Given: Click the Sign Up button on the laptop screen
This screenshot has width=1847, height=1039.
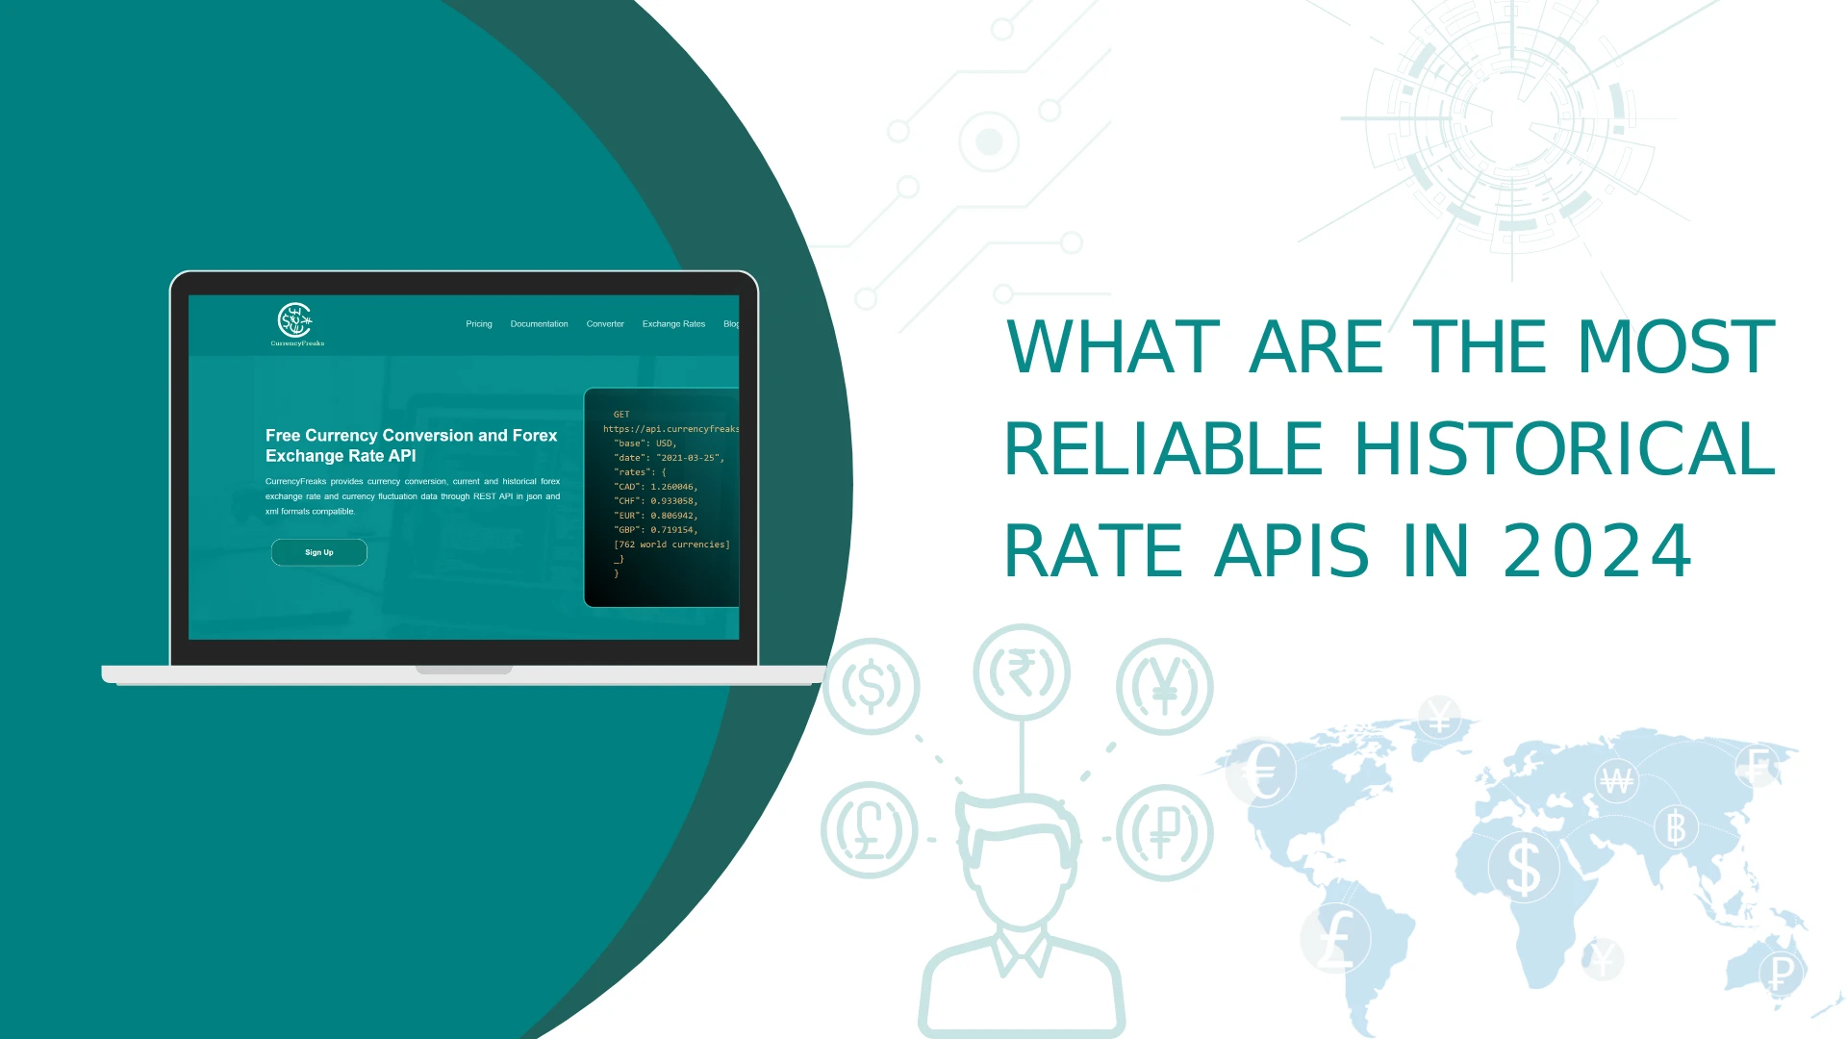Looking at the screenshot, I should [319, 552].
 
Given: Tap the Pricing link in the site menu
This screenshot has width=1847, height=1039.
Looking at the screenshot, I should [478, 324].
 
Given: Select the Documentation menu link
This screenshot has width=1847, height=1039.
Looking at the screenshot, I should [539, 324].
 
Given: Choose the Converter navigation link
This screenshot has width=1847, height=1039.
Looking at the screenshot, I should [605, 324].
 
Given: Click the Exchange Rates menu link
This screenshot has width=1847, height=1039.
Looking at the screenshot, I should [673, 324].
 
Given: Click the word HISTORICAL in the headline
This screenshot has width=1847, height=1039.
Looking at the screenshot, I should [1564, 449].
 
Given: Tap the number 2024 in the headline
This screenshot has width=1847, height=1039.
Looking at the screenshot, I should [1597, 551].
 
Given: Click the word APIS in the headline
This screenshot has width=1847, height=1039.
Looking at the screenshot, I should [1292, 551].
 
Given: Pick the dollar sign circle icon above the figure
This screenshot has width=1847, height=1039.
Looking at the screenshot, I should [872, 687].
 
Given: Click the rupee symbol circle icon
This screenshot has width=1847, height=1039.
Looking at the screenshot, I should [1022, 672].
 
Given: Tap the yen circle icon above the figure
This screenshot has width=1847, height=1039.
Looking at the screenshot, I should [1165, 687].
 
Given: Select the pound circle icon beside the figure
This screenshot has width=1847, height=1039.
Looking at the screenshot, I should [870, 830].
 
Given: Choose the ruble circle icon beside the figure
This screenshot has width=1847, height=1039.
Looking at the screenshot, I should [1165, 833].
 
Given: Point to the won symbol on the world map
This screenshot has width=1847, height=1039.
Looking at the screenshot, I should [1616, 780].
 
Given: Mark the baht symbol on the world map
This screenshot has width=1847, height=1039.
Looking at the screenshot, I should [1676, 827].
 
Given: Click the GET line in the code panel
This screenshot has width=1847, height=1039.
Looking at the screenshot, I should [621, 415].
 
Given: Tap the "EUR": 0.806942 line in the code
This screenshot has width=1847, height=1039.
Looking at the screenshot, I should [655, 516].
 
